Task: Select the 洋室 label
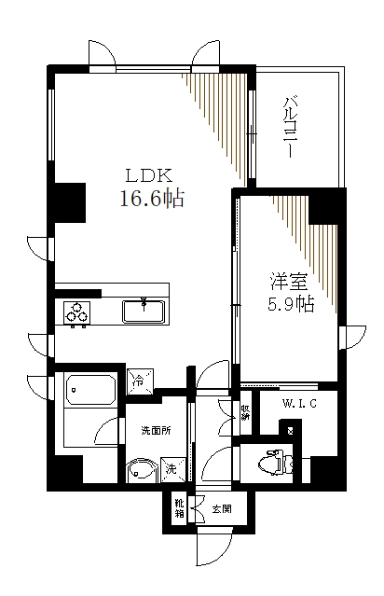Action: click(x=284, y=280)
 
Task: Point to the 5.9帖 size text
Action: click(x=284, y=303)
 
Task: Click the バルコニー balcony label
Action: click(x=291, y=127)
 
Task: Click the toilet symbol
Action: click(x=271, y=461)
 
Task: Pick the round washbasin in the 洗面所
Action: click(x=140, y=469)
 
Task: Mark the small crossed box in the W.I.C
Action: click(x=292, y=430)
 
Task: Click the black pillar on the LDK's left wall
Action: click(x=66, y=201)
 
